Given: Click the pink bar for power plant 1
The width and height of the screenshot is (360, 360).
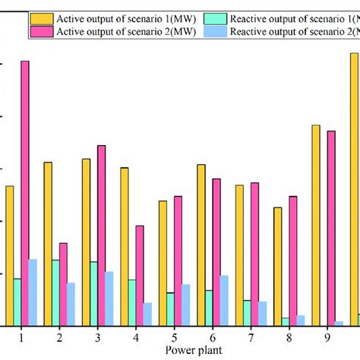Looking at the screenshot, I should coord(25,193).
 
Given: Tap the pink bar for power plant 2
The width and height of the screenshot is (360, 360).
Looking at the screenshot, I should coord(63,284).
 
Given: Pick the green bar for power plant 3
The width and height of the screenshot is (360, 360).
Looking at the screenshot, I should coord(93,294).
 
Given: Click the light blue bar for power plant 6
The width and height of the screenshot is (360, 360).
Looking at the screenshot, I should coord(224,301).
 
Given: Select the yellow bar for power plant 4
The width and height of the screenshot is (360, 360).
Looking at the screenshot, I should coord(125,246).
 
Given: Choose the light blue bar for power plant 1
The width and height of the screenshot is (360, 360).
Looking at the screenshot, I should coord(33,292).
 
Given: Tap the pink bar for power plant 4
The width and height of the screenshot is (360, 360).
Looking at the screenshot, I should coord(140,276).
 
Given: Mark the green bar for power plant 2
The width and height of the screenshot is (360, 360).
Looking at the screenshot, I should coord(55,292).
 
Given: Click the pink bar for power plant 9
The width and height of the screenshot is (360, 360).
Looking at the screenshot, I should coord(331,228).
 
